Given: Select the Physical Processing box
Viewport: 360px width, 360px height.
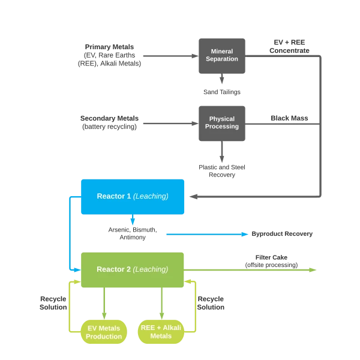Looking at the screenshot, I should click(x=223, y=122).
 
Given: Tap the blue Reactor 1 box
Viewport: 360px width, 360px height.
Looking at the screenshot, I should click(x=133, y=196).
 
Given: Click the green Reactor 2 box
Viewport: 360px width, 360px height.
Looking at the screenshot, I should click(x=133, y=269).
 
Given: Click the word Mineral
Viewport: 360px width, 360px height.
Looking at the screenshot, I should click(x=222, y=52).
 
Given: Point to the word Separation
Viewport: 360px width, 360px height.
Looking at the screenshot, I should click(x=222, y=59).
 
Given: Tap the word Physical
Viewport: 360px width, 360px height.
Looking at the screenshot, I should click(x=222, y=119).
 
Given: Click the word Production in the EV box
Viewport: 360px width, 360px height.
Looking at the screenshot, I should click(x=104, y=336).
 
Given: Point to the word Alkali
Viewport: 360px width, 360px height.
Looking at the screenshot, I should click(x=170, y=328).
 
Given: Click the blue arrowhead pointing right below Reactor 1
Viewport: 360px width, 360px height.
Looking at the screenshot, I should click(x=245, y=233).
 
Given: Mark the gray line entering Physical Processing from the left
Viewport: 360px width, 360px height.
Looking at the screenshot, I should click(x=168, y=123).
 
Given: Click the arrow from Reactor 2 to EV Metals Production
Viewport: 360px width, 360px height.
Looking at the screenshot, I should click(x=104, y=303).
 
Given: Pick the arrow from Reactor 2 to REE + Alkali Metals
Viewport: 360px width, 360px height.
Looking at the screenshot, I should click(x=160, y=303).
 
